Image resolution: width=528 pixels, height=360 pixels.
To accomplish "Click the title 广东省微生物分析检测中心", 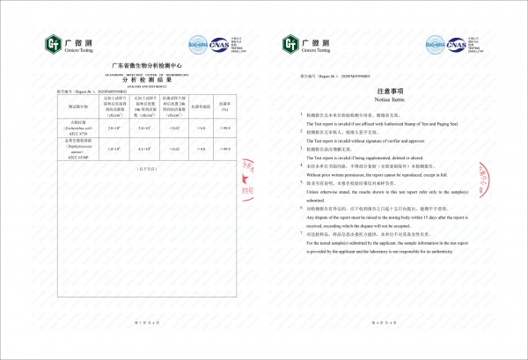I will (134, 65).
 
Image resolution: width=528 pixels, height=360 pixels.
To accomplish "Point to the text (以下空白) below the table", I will (134, 165).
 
